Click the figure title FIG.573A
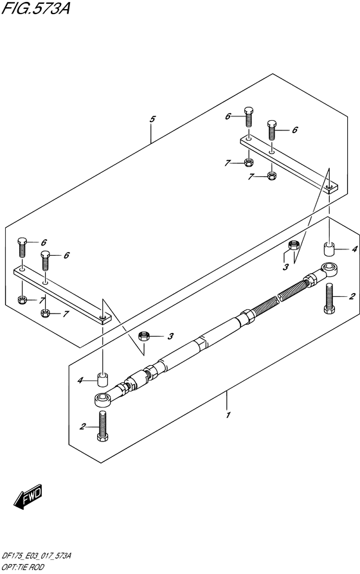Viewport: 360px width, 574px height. tap(35, 8)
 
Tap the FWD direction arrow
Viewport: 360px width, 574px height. tap(28, 496)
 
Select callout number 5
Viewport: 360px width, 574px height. tap(152, 119)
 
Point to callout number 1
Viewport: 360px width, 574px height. tap(228, 415)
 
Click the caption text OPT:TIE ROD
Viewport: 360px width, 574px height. tap(23, 567)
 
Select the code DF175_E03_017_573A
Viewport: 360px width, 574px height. tap(37, 556)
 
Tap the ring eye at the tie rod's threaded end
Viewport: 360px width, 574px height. tap(329, 269)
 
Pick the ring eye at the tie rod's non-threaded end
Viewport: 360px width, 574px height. tap(103, 399)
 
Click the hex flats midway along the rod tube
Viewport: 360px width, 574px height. tap(201, 343)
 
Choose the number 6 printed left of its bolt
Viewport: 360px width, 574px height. tap(228, 116)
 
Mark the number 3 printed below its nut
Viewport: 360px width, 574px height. tap(285, 267)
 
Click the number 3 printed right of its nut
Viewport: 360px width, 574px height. tap(170, 336)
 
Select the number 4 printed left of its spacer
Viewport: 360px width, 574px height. tap(80, 381)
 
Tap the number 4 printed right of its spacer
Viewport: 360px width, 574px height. tap(354, 249)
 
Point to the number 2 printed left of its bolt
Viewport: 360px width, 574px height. tap(83, 426)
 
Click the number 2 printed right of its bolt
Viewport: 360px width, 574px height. tap(352, 296)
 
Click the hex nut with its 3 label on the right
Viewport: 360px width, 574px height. tap(143, 336)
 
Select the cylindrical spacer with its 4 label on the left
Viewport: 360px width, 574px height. tap(103, 379)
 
